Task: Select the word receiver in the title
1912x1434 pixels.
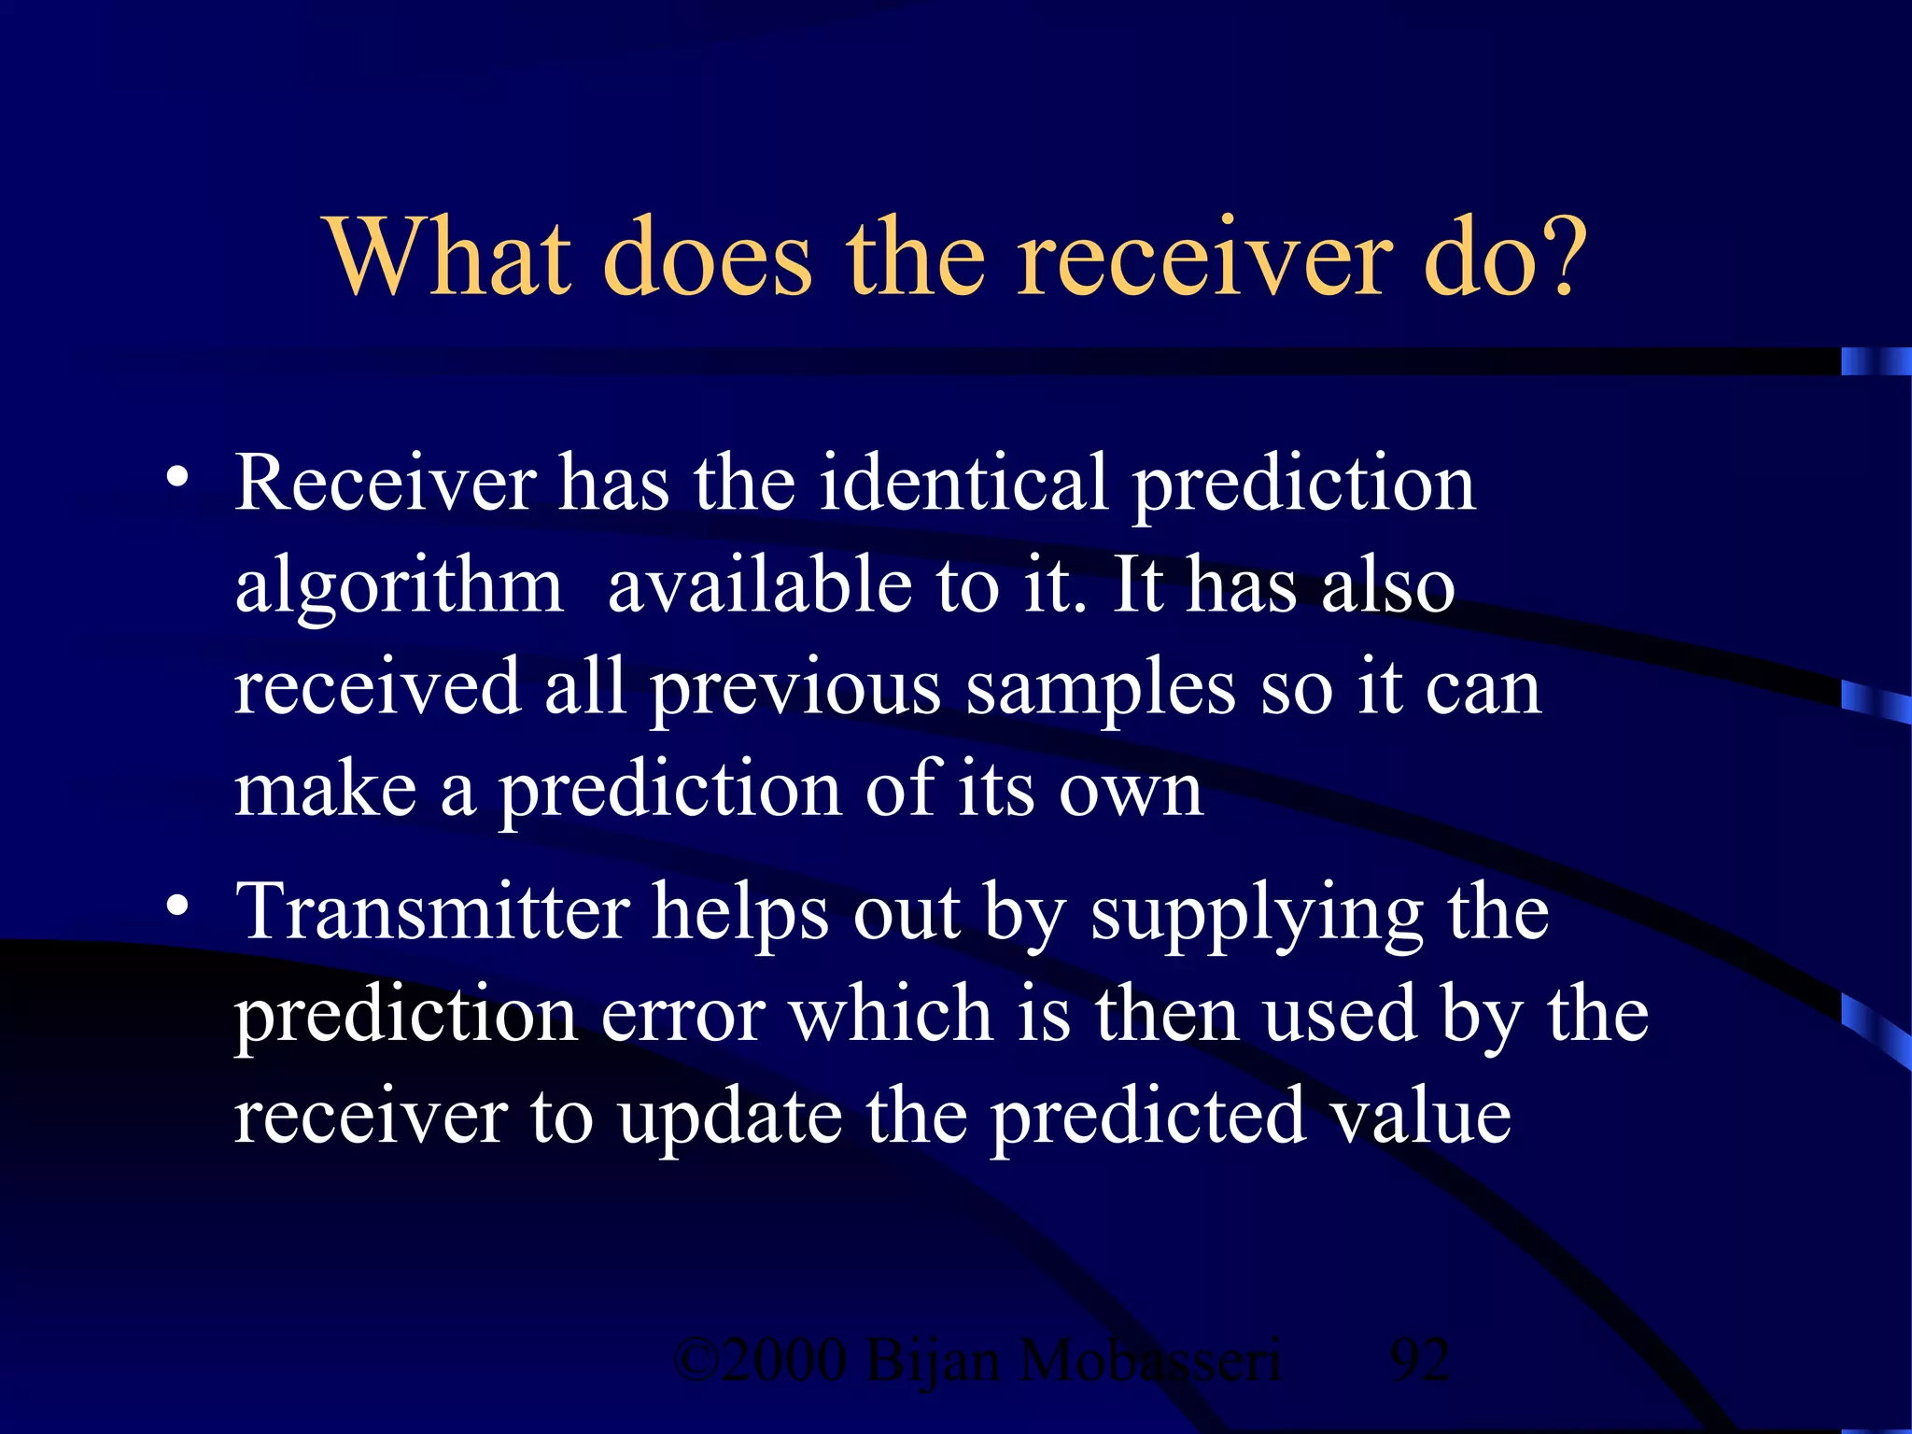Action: tap(1204, 258)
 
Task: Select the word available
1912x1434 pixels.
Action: tap(759, 586)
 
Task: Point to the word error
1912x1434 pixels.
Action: tap(683, 1016)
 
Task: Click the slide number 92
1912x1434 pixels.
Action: tap(1420, 1360)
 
